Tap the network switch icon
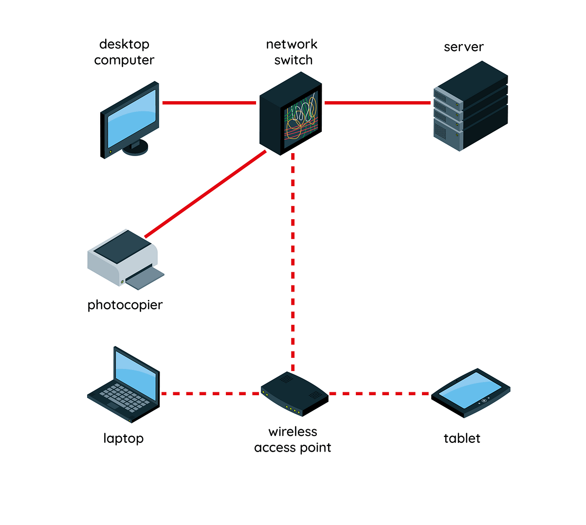coord(291,114)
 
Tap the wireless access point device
coord(294,394)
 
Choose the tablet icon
coord(471,393)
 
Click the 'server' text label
coord(463,47)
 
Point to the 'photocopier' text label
coord(125,305)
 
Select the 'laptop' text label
coord(123,438)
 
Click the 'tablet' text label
coord(462,438)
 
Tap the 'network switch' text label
coord(292,52)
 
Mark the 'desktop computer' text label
coord(124,52)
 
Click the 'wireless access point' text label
coord(293,439)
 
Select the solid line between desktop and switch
coord(209,103)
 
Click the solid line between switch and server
coord(377,103)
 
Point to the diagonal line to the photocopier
coord(205,194)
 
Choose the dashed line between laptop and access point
coord(210,393)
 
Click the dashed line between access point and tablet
coord(379,393)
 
